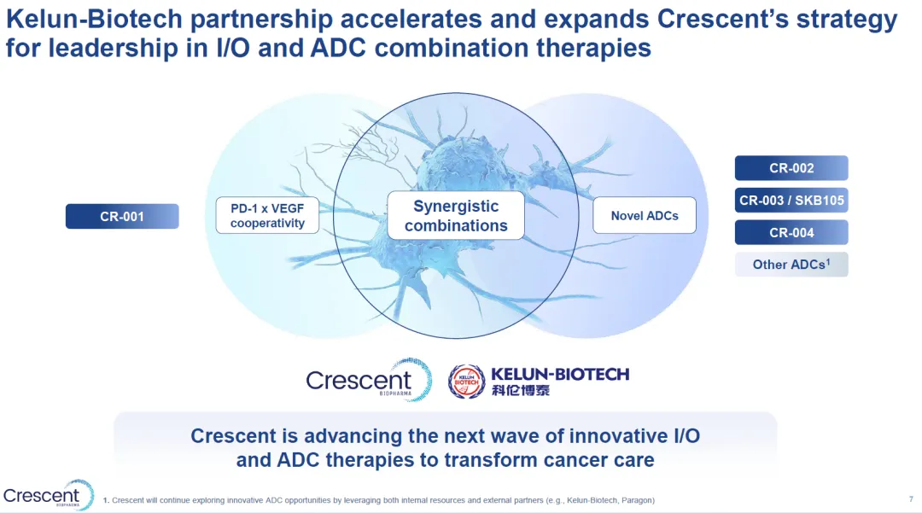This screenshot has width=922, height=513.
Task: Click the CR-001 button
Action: [x=122, y=216]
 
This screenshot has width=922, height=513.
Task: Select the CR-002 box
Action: [x=791, y=168]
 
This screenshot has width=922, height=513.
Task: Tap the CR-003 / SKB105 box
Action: [x=791, y=201]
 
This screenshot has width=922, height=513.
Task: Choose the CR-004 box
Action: [x=791, y=233]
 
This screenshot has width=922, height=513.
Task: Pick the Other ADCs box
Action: [x=791, y=265]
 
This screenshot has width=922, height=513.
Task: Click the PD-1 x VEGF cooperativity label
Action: [x=267, y=216]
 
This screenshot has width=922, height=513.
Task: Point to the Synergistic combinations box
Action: [x=456, y=216]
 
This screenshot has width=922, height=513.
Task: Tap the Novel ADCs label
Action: [x=645, y=216]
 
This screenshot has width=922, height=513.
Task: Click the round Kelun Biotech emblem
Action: [x=466, y=382]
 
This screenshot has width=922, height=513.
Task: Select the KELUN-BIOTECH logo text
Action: [x=560, y=375]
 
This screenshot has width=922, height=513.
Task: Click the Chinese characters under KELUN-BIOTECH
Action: [x=521, y=390]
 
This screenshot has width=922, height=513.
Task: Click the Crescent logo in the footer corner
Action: [x=48, y=495]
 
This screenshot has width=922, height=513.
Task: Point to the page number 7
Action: [x=911, y=499]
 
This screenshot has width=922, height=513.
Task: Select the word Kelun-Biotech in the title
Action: [x=95, y=20]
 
